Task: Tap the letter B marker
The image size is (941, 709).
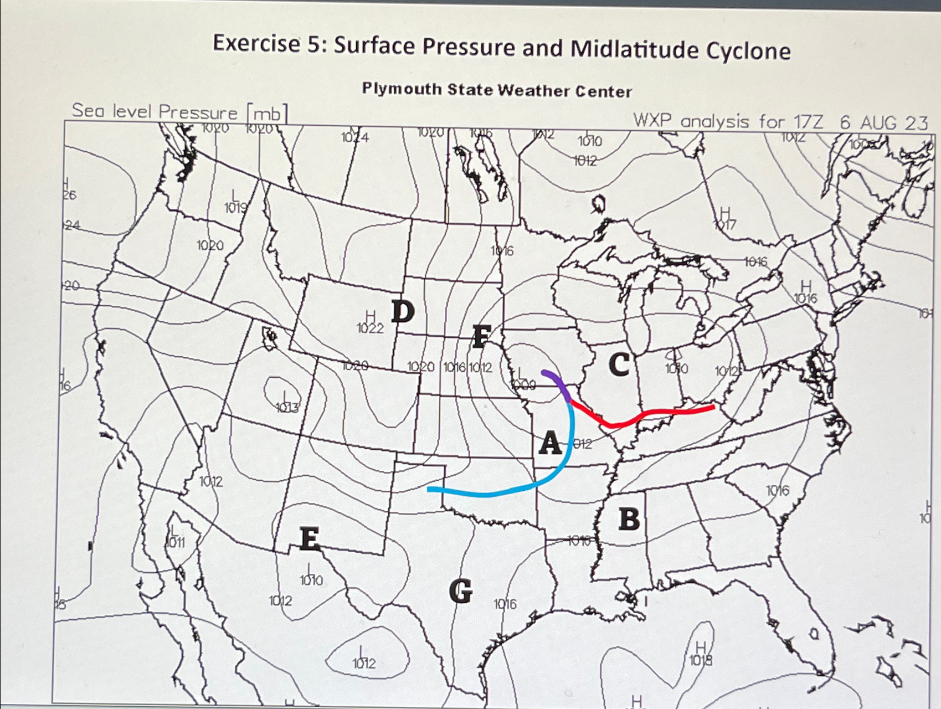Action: point(629,519)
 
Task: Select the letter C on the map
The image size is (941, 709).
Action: point(619,364)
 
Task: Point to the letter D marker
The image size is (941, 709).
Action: point(403,312)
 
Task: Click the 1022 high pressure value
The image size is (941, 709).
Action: point(370,328)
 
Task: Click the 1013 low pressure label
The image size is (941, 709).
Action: point(287,409)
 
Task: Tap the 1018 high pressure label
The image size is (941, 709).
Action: point(701,660)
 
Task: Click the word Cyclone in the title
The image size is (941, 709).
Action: point(748,51)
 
